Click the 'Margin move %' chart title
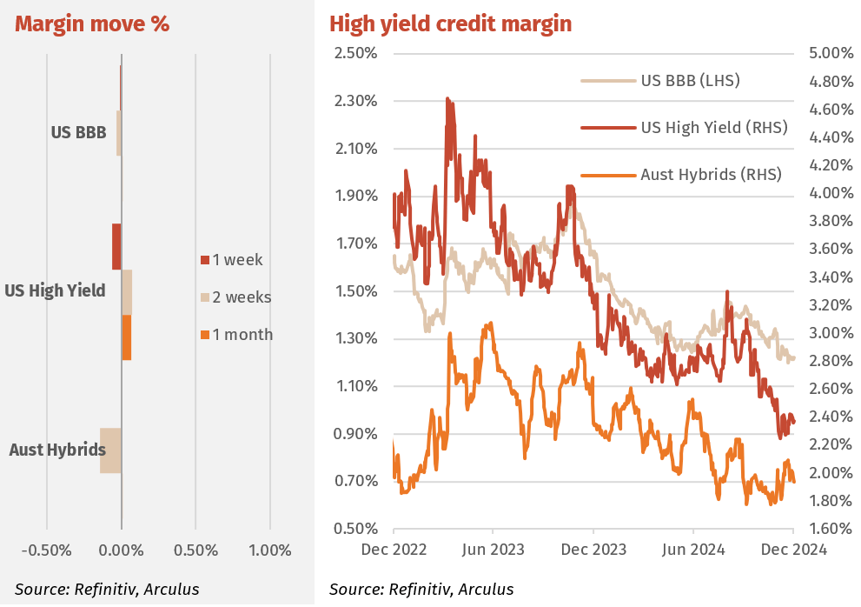[x=92, y=24]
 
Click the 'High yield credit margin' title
[x=450, y=24]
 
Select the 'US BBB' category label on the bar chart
[x=78, y=133]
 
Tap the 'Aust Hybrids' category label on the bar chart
[x=57, y=450]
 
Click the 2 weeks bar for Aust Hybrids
[x=110, y=450]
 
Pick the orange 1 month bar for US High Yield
[x=126, y=337]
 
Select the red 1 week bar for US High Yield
[x=116, y=246]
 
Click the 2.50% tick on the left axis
[x=356, y=53]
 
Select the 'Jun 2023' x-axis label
[x=493, y=549]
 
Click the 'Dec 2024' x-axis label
[x=793, y=549]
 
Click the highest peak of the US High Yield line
[x=447, y=98]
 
